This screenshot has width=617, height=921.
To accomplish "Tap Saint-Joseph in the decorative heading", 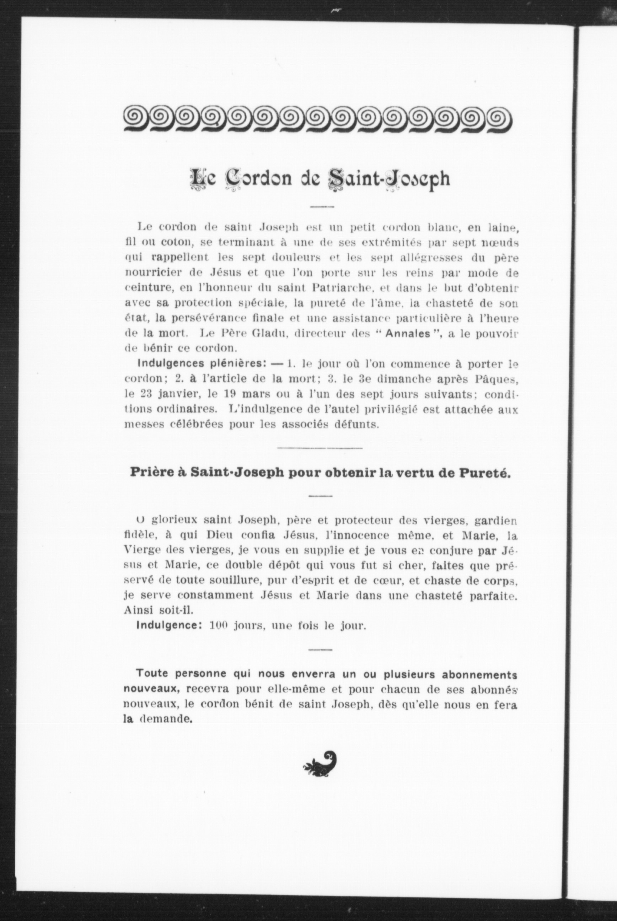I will [389, 179].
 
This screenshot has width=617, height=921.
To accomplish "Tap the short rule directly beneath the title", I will [322, 206].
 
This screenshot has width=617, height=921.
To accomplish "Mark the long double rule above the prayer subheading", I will [320, 448].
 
